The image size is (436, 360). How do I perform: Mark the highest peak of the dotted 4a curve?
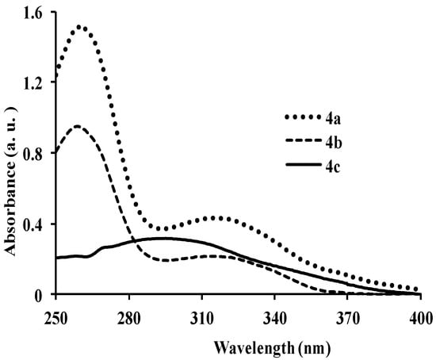coord(79,27)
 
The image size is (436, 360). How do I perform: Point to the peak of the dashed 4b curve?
coord(77,126)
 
